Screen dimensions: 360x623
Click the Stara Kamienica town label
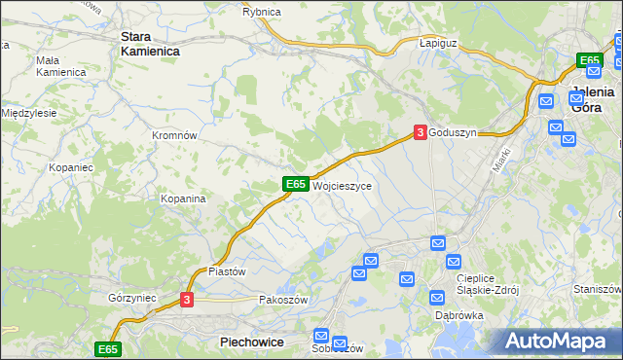click(x=148, y=44)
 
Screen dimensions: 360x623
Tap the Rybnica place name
click(x=262, y=12)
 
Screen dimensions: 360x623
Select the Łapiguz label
click(x=438, y=44)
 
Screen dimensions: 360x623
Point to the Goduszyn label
click(x=454, y=133)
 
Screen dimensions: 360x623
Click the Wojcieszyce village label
click(x=342, y=185)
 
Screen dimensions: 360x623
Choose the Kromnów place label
click(x=175, y=135)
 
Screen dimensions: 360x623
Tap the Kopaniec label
click(x=70, y=167)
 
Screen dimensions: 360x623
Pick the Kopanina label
click(x=183, y=198)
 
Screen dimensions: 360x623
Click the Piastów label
click(x=227, y=271)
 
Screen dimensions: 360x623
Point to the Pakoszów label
click(x=283, y=301)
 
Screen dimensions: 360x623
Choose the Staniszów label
click(x=598, y=289)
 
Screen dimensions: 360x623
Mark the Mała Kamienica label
click(x=61, y=65)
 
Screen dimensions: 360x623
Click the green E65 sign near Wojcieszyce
click(x=297, y=184)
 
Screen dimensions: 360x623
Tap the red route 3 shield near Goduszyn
click(x=420, y=132)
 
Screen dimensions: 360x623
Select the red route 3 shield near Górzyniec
click(x=188, y=301)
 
